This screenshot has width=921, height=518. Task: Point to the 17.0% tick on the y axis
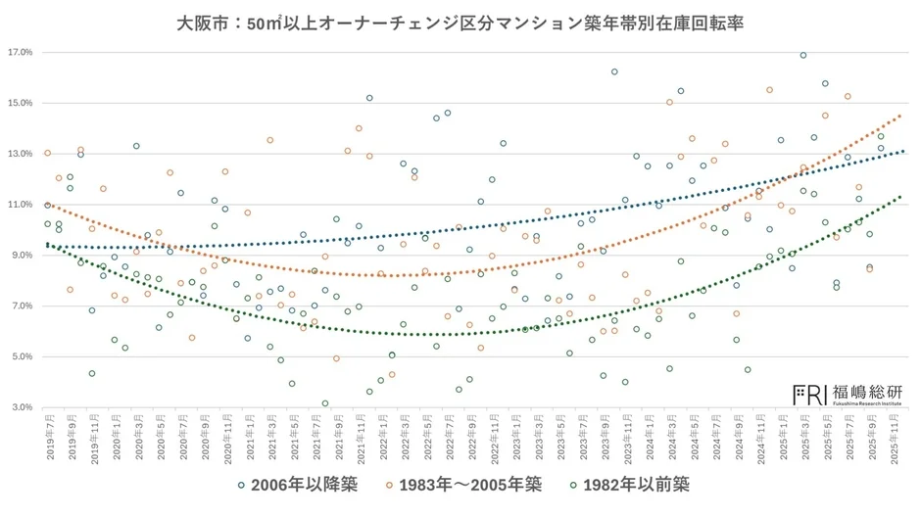tap(21, 52)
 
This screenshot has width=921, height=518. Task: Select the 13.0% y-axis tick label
tap(21, 154)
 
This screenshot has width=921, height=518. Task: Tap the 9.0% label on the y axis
tap(22, 256)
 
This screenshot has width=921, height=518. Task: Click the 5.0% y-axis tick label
tap(22, 356)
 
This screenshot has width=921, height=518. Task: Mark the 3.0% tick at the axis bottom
tap(22, 407)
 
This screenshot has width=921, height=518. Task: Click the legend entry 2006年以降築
tap(292, 484)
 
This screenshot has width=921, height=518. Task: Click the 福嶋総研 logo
tap(848, 394)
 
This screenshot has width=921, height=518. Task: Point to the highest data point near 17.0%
tap(803, 56)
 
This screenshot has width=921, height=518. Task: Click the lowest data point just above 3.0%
tap(325, 403)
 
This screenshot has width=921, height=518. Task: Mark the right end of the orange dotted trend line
tap(901, 115)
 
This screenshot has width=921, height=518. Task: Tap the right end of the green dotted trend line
tap(901, 197)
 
